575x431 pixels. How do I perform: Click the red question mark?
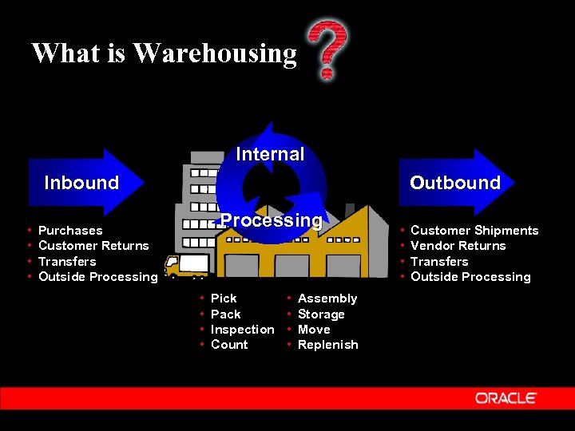click(x=327, y=49)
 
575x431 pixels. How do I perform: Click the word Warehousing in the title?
click(x=216, y=53)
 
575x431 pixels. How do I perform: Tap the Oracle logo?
click(x=506, y=397)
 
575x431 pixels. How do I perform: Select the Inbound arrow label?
click(x=81, y=183)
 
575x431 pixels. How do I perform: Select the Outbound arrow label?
click(x=454, y=183)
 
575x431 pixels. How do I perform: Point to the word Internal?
click(x=270, y=154)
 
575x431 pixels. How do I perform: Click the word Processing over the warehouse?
click(x=272, y=220)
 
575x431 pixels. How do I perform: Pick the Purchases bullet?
click(x=70, y=231)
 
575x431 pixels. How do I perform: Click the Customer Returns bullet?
click(x=93, y=246)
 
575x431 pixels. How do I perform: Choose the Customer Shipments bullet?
click(x=474, y=231)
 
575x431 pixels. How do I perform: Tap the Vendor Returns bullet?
click(x=458, y=246)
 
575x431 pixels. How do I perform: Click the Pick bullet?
click(x=224, y=299)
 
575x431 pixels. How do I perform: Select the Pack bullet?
click(x=225, y=314)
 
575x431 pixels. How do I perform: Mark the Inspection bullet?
click(x=242, y=330)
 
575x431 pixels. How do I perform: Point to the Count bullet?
click(x=229, y=345)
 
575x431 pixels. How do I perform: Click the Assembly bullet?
click(x=327, y=299)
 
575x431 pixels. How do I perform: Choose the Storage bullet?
click(x=321, y=314)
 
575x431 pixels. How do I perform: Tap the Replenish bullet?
click(x=327, y=345)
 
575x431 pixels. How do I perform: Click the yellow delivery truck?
click(x=186, y=265)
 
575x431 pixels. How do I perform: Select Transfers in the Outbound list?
click(x=439, y=262)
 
